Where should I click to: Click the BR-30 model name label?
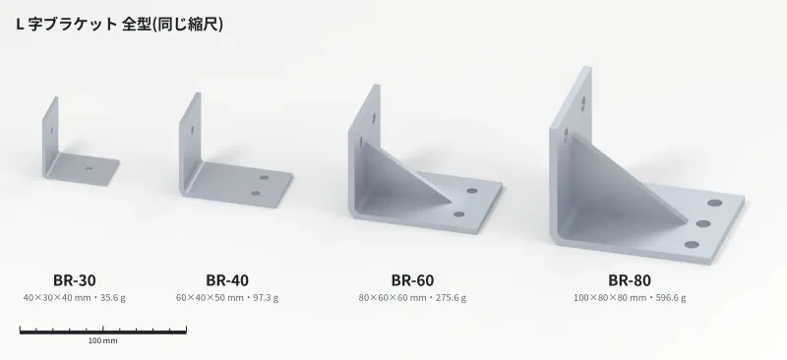75,280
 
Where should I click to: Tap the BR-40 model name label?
227,280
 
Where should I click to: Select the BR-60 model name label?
412,280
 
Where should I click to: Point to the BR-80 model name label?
630,280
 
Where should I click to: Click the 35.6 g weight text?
113,297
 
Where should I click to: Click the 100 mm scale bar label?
103,340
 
